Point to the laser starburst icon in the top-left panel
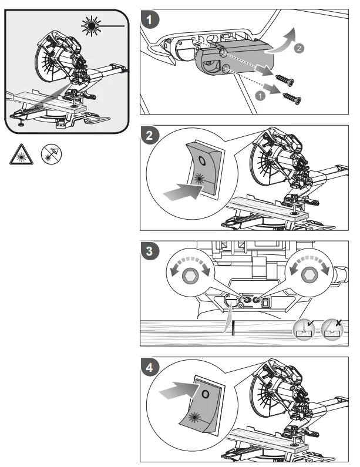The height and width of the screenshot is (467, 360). pyautogui.click(x=91, y=26)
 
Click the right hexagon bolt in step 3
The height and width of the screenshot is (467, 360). pyautogui.click(x=308, y=275)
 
